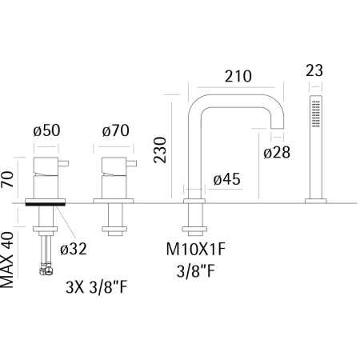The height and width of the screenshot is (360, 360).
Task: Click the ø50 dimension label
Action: [x=46, y=130]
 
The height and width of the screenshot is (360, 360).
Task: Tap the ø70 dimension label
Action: [x=116, y=130]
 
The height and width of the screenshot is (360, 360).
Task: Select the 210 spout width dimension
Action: [x=238, y=76]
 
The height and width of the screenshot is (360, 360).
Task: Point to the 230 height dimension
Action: [x=160, y=150]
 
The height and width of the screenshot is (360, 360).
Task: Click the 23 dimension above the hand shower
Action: [x=314, y=70]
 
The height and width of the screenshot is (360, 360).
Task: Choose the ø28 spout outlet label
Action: [x=277, y=153]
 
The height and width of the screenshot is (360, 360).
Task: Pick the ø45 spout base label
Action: [x=227, y=179]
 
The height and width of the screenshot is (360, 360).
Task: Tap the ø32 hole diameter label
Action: [x=74, y=249]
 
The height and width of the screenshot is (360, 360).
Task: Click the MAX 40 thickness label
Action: [x=7, y=260]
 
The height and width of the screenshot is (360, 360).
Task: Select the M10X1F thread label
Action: [x=196, y=250]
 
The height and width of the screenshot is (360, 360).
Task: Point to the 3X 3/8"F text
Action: [x=97, y=287]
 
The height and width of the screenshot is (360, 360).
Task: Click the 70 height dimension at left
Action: [x=7, y=179]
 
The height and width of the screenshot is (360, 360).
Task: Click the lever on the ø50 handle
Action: [x=63, y=163]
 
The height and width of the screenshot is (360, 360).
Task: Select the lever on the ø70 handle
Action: [x=131, y=163]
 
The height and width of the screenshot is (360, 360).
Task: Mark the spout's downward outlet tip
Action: [x=278, y=129]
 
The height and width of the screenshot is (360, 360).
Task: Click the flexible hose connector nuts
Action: [x=46, y=270]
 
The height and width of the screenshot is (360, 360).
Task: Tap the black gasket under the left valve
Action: [x=46, y=205]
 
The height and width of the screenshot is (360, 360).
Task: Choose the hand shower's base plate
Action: [x=316, y=201]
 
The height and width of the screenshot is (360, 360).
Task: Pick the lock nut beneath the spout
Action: [x=194, y=229]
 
